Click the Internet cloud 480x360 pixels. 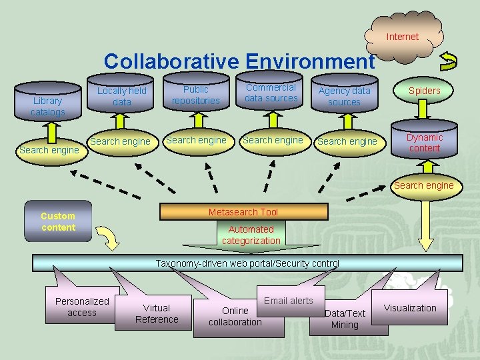[x=403, y=37]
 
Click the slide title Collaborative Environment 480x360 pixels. [x=239, y=61]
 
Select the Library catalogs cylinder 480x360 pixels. [x=47, y=105]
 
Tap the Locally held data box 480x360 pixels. [x=121, y=96]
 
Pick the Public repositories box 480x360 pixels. [x=195, y=95]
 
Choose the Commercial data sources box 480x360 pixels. [x=271, y=93]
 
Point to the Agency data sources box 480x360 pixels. [x=344, y=96]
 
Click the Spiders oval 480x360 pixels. [x=425, y=91]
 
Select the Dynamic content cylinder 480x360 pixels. [x=425, y=142]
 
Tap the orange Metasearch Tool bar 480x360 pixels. [x=243, y=212]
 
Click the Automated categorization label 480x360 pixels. [x=251, y=235]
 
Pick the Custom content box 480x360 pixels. [x=58, y=221]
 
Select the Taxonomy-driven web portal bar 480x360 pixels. [x=247, y=263]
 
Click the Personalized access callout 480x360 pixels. [x=82, y=307]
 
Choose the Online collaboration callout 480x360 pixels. [x=235, y=317]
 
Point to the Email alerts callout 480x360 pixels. [x=289, y=301]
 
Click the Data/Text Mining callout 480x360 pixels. [x=345, y=319]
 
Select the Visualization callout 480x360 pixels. [x=410, y=308]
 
